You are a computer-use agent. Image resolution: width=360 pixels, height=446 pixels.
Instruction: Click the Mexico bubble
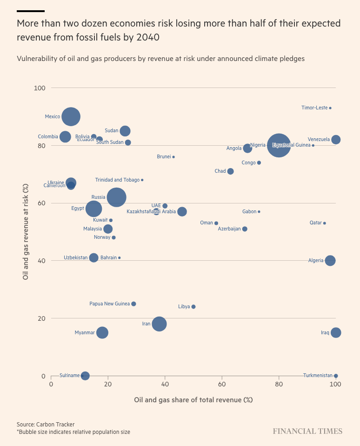[71, 116]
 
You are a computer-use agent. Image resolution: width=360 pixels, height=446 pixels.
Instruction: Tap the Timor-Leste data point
[330, 108]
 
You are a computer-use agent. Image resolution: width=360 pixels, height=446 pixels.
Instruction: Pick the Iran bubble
[159, 324]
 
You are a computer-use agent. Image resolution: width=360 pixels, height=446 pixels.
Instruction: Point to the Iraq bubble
[336, 332]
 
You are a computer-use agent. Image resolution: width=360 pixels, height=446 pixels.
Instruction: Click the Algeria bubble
[330, 261]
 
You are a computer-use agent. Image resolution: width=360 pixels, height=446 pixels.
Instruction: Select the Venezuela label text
[319, 139]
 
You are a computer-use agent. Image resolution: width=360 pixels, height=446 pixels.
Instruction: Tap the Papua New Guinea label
[109, 304]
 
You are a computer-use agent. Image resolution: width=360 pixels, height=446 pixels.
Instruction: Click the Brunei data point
[173, 157]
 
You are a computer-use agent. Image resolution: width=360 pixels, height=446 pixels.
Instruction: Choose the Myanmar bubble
[102, 332]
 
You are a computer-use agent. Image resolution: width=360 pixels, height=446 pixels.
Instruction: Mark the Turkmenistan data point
[336, 376]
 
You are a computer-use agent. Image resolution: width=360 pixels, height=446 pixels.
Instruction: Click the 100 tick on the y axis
[40, 88]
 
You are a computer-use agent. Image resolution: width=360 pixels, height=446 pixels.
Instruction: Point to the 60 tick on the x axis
[222, 385]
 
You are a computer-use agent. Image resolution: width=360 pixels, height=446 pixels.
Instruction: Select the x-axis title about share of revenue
[193, 400]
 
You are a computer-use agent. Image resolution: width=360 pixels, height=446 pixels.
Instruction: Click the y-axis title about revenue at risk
[26, 232]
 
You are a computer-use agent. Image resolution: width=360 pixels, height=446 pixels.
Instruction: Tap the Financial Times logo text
[307, 431]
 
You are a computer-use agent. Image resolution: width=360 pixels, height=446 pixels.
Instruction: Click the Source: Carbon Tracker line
[46, 424]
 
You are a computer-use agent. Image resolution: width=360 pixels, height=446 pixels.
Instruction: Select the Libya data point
[193, 307]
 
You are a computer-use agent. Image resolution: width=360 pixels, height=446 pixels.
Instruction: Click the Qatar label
[316, 223]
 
